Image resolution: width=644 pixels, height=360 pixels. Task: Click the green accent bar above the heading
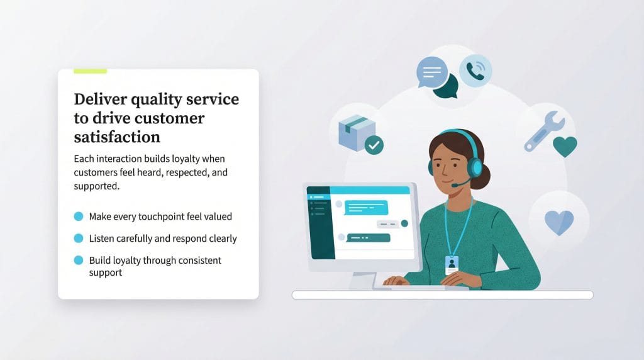(x=90, y=71)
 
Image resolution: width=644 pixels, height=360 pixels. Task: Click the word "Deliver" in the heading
(x=99, y=99)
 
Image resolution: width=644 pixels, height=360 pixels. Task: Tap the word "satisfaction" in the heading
(x=117, y=137)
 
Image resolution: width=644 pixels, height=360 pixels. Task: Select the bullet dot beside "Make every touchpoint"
(x=79, y=217)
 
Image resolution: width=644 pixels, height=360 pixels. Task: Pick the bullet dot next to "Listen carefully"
(x=79, y=239)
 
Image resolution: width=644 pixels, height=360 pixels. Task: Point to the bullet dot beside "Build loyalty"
(x=79, y=260)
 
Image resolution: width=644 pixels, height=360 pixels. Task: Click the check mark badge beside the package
(x=374, y=145)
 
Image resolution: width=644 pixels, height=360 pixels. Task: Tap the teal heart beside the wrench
(x=565, y=147)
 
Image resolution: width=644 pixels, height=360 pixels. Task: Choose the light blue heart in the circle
(x=559, y=222)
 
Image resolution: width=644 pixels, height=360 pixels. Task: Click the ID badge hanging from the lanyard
(x=451, y=264)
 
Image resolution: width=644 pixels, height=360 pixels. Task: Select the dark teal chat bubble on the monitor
(x=368, y=238)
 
